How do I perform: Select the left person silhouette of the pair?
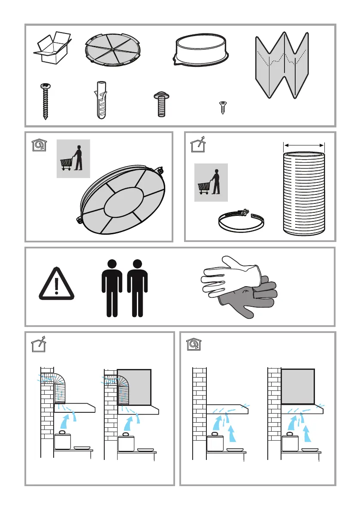(112, 287)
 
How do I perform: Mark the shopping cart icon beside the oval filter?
(73, 158)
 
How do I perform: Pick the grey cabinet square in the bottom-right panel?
(298, 386)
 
